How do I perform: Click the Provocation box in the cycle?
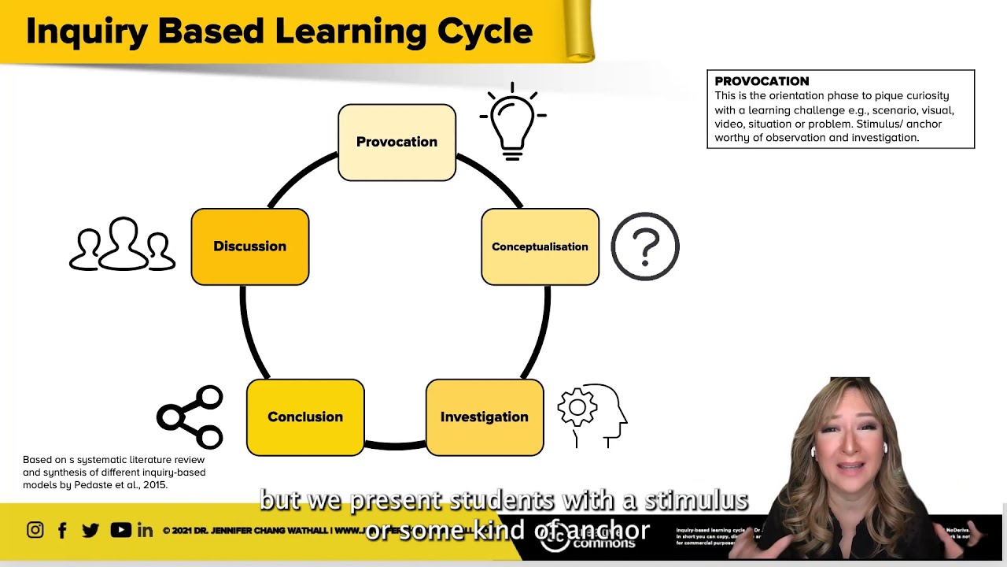point(397,143)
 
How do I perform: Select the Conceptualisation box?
point(540,246)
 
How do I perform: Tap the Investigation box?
point(485,417)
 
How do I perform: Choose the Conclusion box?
point(305,417)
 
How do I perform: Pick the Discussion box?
point(250,246)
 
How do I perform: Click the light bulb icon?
point(512,122)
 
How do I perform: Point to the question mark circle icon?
point(645,246)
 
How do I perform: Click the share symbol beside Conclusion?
point(191,417)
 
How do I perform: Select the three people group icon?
point(123,245)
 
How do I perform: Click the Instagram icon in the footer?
point(35,530)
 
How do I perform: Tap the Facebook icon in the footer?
point(62,530)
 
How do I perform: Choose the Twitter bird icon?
point(90,530)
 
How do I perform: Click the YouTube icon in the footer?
point(120,530)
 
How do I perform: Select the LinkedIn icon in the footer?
point(146,530)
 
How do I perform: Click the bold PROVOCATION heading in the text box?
point(762,81)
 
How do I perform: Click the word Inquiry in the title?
point(87,32)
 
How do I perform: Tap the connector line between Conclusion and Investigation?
point(395,446)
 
